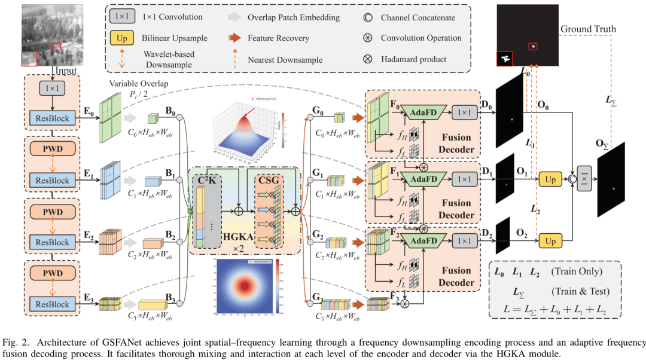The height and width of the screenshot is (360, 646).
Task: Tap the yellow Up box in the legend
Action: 122,38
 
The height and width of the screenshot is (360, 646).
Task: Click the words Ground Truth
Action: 588,29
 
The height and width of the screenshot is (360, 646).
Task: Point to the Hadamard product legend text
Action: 413,59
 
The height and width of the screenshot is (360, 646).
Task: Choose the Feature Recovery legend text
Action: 279,38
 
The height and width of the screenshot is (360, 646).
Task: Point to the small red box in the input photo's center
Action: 56,47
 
